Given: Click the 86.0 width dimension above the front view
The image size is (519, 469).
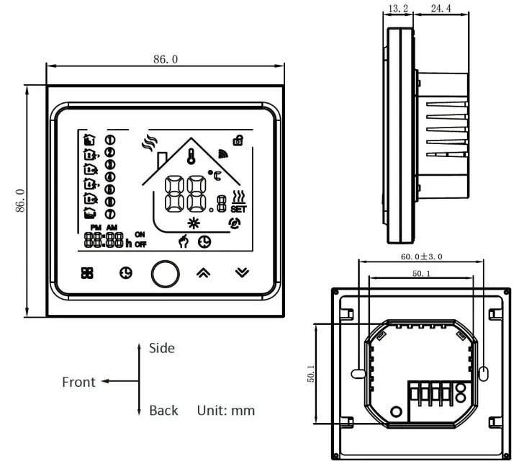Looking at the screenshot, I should pyautogui.click(x=165, y=59).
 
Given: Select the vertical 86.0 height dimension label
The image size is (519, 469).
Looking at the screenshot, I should pyautogui.click(x=20, y=200).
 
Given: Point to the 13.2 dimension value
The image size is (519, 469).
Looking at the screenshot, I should pyautogui.click(x=398, y=9).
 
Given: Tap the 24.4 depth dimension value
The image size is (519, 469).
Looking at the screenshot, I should pyautogui.click(x=440, y=9).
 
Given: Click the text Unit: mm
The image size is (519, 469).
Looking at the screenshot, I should pyautogui.click(x=226, y=411).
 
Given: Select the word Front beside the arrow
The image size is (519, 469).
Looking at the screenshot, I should pyautogui.click(x=78, y=382).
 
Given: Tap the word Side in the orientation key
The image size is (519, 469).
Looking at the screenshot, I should pyautogui.click(x=162, y=348).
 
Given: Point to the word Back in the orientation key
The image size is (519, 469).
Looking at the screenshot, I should pyautogui.click(x=163, y=411).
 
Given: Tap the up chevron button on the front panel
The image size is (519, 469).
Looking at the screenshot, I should pyautogui.click(x=204, y=273).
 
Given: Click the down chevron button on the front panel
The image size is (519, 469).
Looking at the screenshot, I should pyautogui.click(x=243, y=273).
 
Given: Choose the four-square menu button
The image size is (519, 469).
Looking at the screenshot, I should pyautogui.click(x=86, y=273).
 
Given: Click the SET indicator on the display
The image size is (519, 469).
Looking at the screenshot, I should pyautogui.click(x=238, y=210).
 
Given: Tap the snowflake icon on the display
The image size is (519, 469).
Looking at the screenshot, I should pyautogui.click(x=193, y=222).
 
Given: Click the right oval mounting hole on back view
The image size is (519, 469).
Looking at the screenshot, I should pyautogui.click(x=483, y=372).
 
